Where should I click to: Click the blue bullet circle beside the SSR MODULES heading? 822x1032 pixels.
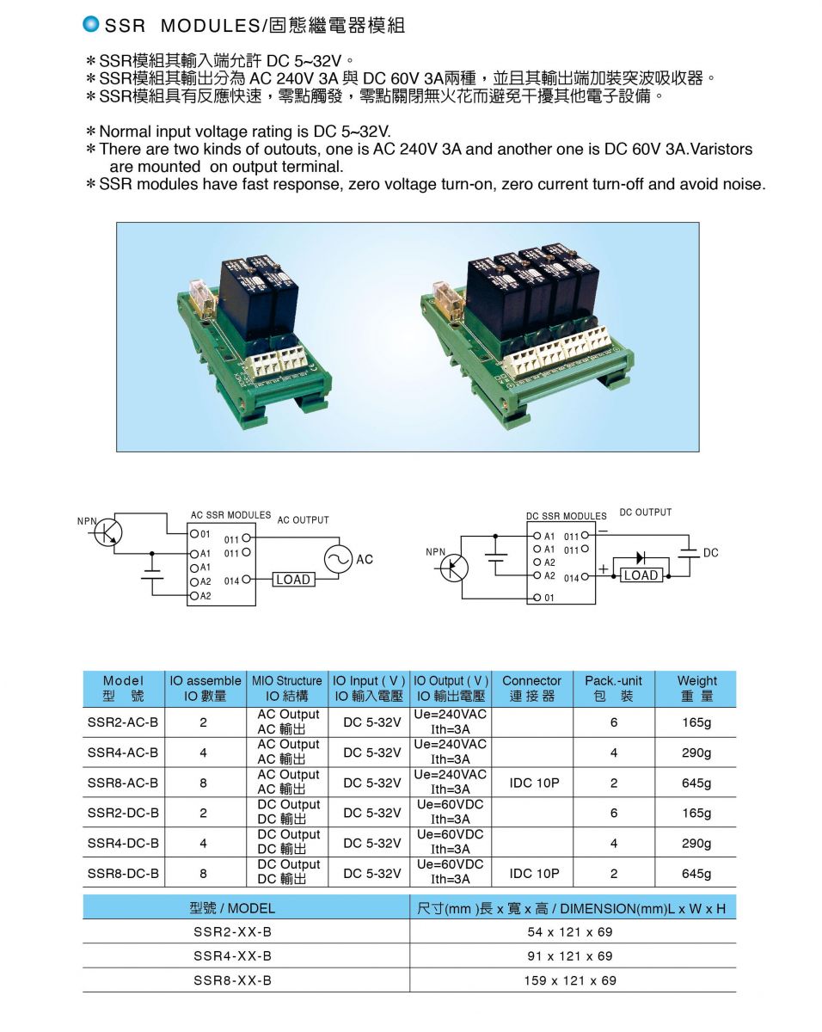pyautogui.click(x=90, y=24)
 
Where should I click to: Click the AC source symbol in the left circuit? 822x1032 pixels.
pyautogui.click(x=339, y=559)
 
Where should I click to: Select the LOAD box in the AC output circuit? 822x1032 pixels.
pyautogui.click(x=293, y=580)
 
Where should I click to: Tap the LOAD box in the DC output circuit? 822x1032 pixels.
pyautogui.click(x=641, y=575)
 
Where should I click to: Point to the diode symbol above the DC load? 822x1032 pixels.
pyautogui.click(x=641, y=558)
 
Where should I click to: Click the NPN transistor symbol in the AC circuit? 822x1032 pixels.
pyautogui.click(x=107, y=533)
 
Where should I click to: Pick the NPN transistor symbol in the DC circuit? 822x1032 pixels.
pyautogui.click(x=454, y=568)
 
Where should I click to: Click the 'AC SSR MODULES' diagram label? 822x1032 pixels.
pyautogui.click(x=230, y=515)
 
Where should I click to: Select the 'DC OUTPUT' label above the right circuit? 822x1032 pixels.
pyautogui.click(x=645, y=513)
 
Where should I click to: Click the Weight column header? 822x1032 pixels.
pyautogui.click(x=696, y=688)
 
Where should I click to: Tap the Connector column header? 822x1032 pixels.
pyautogui.click(x=531, y=688)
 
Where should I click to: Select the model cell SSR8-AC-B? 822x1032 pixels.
pyautogui.click(x=123, y=783)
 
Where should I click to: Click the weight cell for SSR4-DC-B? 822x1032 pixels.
pyautogui.click(x=696, y=843)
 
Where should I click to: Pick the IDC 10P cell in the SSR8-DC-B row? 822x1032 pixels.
pyautogui.click(x=534, y=873)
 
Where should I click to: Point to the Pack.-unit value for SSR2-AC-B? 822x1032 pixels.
pyautogui.click(x=614, y=722)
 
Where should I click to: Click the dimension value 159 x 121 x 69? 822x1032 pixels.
pyautogui.click(x=570, y=980)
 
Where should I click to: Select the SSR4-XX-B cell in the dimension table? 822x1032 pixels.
pyautogui.click(x=233, y=955)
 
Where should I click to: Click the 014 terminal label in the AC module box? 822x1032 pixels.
pyautogui.click(x=231, y=581)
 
